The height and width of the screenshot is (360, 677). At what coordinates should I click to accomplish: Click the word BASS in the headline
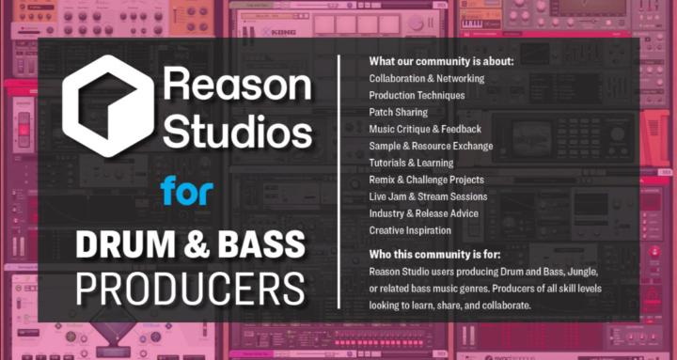[262, 244]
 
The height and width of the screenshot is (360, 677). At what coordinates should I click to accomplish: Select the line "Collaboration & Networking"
[428, 79]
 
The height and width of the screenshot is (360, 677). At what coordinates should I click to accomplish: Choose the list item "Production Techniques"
[417, 96]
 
